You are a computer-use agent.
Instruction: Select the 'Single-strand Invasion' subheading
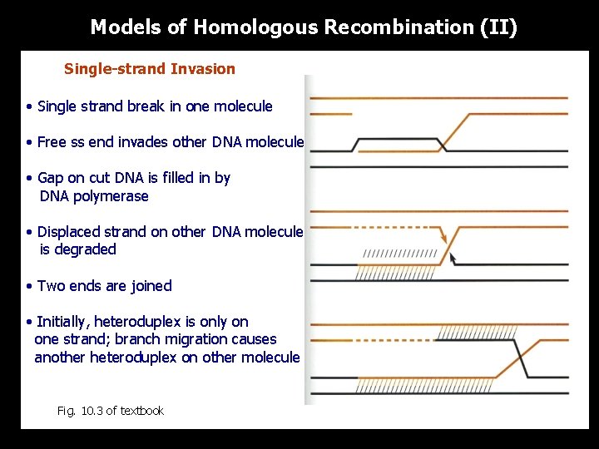[x=150, y=69]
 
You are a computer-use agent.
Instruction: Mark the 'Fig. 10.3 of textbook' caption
[x=110, y=411]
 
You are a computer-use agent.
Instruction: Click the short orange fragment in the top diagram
[x=330, y=115]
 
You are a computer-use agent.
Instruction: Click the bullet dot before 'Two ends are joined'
[x=29, y=286]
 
